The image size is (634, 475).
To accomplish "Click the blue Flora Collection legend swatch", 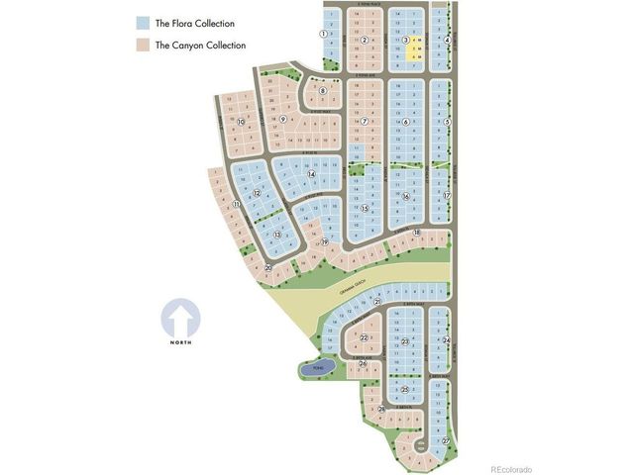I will (143, 22).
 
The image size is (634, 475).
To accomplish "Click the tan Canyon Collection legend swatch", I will (143, 45).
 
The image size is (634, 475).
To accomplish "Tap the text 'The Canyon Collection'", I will (200, 45).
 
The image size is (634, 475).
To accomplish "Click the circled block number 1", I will (324, 33).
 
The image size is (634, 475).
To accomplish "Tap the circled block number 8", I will (323, 91).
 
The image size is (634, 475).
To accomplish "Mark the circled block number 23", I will (405, 342).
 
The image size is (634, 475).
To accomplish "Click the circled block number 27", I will (446, 440).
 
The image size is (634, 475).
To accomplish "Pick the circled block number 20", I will (268, 267).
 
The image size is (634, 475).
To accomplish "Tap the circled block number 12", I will (257, 193).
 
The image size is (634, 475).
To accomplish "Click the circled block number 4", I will (448, 40).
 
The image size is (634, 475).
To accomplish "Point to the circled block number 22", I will (365, 338).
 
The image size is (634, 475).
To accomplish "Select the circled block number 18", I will (417, 233).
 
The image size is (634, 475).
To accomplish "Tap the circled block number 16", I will (405, 196).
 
